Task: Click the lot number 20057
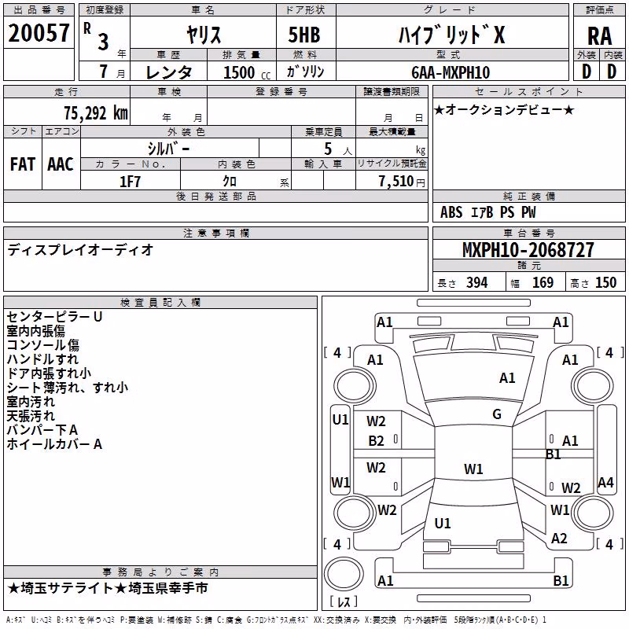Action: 39,33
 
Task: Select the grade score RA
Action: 600,36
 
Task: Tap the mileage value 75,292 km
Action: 96,113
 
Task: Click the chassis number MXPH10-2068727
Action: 528,250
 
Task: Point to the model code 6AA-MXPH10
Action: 451,72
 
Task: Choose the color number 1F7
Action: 130,182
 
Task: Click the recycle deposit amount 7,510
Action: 396,182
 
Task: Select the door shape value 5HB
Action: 304,35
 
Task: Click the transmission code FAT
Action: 23,164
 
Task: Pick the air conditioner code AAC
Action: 61,164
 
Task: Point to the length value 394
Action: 477,283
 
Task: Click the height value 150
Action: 605,283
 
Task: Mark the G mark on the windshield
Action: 497,414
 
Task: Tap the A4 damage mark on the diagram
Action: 605,482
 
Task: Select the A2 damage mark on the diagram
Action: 559,539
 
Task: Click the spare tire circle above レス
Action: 344,574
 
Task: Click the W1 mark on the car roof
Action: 473,469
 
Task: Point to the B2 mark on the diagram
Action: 377,441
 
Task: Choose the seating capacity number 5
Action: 328,149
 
